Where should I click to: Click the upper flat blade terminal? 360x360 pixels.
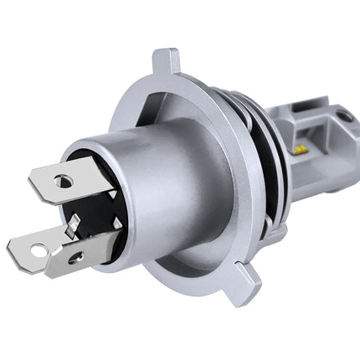[71, 178]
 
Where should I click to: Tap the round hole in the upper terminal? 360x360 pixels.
[63, 179]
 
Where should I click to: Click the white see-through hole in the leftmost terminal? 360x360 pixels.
[37, 249]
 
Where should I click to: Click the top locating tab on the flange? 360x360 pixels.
[165, 63]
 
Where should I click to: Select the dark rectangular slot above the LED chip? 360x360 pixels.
[311, 134]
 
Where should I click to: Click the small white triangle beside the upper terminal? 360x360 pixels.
[112, 194]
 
